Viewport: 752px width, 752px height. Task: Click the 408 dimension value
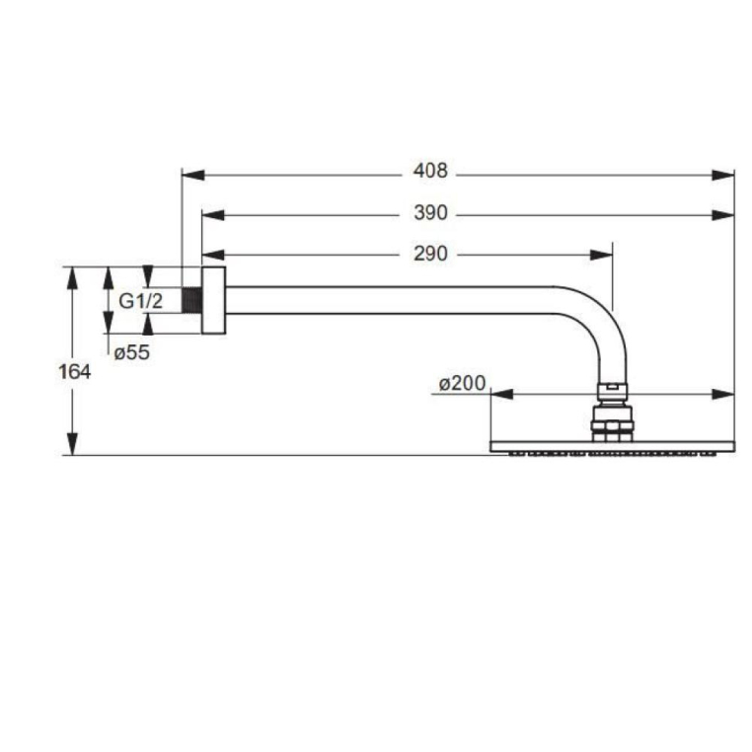[430, 171]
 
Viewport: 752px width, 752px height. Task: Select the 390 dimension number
[430, 212]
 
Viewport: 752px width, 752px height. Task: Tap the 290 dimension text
[430, 254]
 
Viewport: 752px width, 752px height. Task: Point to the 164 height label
[74, 372]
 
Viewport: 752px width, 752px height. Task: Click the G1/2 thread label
[140, 301]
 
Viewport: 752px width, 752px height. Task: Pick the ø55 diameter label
[132, 352]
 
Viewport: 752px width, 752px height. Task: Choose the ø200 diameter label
[462, 383]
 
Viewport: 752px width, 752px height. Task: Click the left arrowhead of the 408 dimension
[193, 175]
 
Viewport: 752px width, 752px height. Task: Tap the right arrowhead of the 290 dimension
[601, 255]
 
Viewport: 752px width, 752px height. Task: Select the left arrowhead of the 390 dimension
[213, 215]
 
